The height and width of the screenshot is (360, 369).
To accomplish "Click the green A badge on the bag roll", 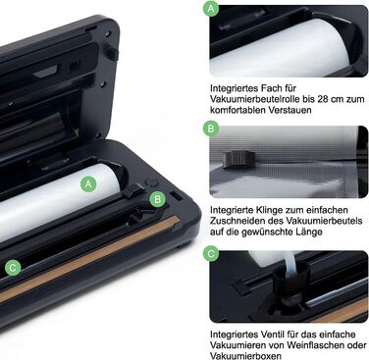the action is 88,184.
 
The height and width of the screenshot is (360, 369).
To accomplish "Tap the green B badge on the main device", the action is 158,199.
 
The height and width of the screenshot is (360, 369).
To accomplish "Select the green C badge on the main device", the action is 13,268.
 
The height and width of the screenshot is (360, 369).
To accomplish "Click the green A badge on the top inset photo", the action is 211,8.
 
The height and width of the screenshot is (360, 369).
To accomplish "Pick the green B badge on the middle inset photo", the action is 211,129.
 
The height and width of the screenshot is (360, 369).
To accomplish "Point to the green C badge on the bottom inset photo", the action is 211,253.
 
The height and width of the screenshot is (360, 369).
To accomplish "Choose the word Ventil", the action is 274,334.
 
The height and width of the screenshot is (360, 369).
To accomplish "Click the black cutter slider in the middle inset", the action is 239,160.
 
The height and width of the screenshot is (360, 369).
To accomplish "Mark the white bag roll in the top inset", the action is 280,48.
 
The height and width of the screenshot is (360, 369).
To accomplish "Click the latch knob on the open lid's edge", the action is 112,53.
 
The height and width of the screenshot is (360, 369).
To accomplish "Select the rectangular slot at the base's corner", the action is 176,196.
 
